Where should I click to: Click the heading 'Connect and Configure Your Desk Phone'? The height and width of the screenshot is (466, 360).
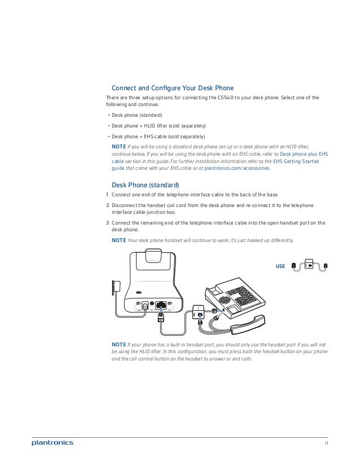[173, 88]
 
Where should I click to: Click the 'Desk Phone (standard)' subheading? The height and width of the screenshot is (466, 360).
[146, 185]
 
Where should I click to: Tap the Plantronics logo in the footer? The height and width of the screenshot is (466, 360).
[52, 443]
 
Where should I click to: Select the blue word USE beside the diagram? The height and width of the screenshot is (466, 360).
[280, 265]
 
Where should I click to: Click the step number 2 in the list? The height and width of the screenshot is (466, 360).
[108, 205]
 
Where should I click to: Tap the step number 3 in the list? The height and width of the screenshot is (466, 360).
[108, 222]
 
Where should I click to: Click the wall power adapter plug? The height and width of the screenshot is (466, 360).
[116, 287]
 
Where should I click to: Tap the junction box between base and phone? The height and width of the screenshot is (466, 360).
[198, 312]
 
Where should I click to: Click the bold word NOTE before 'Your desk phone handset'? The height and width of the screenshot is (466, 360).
[118, 240]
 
